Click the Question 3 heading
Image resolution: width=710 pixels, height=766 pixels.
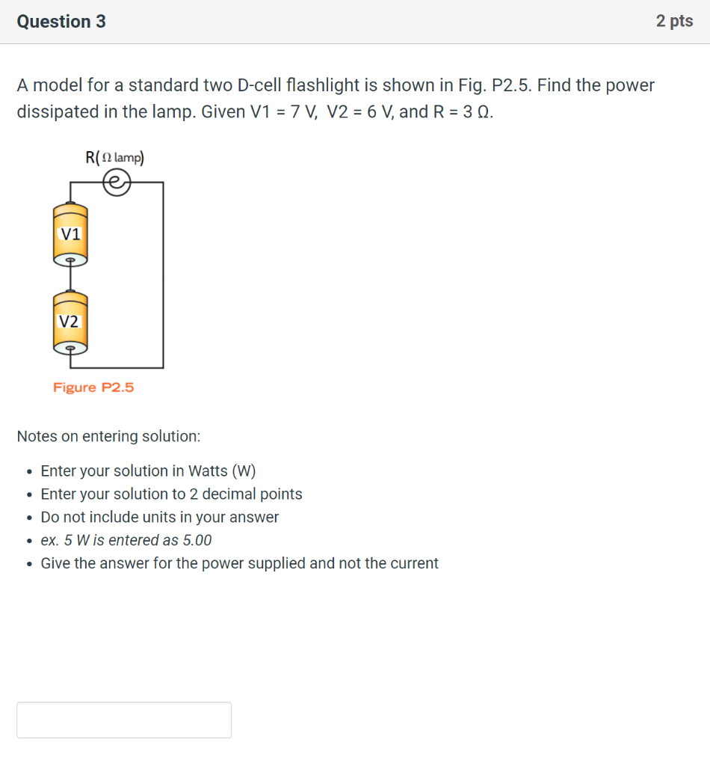pyautogui.click(x=61, y=22)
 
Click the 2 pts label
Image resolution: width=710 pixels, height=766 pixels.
pyautogui.click(x=674, y=22)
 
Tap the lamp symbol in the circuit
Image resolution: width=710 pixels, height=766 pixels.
pyautogui.click(x=117, y=182)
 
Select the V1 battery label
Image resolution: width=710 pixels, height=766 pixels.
pyautogui.click(x=70, y=234)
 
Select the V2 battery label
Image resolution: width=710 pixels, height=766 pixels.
pyautogui.click(x=70, y=322)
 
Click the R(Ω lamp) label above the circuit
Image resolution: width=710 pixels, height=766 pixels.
pyautogui.click(x=115, y=158)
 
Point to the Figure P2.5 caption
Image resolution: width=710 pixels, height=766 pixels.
pyautogui.click(x=93, y=387)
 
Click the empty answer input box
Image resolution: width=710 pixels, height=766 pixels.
pyautogui.click(x=124, y=720)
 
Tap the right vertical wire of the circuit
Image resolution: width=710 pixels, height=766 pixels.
pyautogui.click(x=163, y=277)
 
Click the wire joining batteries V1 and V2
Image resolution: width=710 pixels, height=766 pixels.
pyautogui.click(x=70, y=279)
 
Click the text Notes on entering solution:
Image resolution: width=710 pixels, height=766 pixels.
pyautogui.click(x=108, y=436)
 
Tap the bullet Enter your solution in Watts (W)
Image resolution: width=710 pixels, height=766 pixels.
pyautogui.click(x=148, y=471)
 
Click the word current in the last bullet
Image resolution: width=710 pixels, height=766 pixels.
pyautogui.click(x=411, y=563)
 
